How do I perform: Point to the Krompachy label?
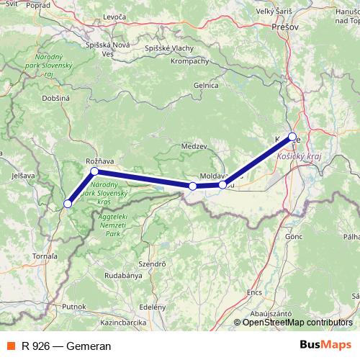click(x=190, y=62)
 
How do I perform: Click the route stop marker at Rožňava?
click(x=94, y=171)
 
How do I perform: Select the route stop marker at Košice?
click(x=292, y=136)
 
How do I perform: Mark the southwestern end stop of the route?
click(x=68, y=204)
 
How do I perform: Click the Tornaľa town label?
click(x=45, y=256)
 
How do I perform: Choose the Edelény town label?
click(x=152, y=307)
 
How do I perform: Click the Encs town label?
click(x=254, y=292)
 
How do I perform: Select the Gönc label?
click(x=293, y=236)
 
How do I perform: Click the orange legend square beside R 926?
click(x=9, y=346)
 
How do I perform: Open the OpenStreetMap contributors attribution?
click(x=297, y=323)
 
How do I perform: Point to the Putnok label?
click(x=74, y=306)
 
